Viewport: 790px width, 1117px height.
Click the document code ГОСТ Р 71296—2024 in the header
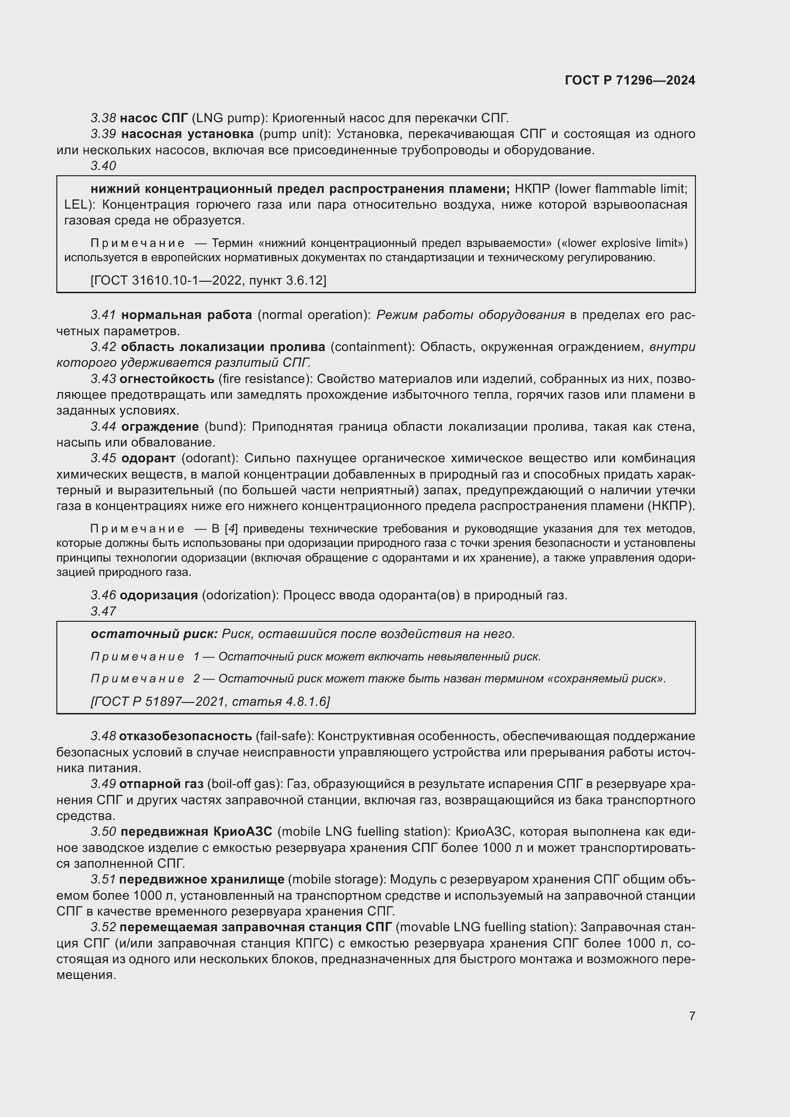[x=630, y=80]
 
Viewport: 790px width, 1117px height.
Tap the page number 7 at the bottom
[x=692, y=1016]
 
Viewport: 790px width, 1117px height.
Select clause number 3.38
[x=103, y=118]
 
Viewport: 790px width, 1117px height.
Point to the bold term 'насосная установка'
[x=187, y=134]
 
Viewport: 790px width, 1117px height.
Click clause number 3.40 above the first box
[x=103, y=166]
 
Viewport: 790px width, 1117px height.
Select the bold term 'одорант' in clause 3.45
[x=149, y=459]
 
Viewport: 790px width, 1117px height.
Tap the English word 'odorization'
[x=237, y=596]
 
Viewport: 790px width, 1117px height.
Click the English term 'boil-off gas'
[x=245, y=784]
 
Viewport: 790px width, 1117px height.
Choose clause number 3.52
[x=103, y=927]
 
